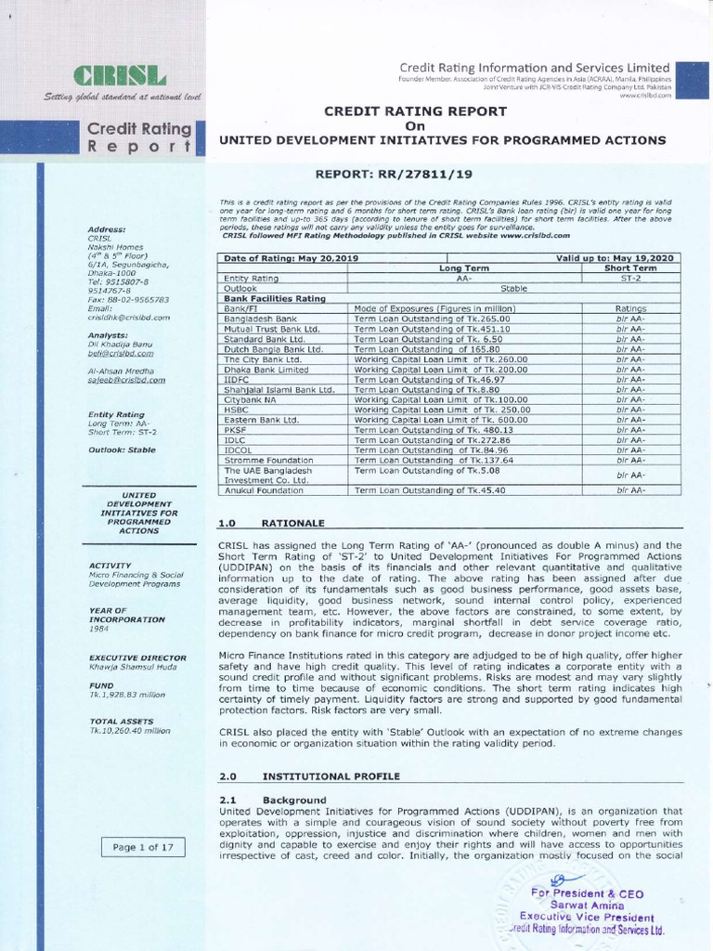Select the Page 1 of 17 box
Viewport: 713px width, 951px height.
coord(142,847)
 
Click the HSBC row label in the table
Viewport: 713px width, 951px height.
coord(236,409)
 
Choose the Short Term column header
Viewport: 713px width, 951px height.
coord(629,267)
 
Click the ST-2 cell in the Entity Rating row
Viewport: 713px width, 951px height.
coord(629,278)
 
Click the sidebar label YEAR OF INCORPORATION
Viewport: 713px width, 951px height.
coord(126,615)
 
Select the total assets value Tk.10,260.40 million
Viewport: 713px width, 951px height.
coord(130,731)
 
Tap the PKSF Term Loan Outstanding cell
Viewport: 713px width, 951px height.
coord(433,429)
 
